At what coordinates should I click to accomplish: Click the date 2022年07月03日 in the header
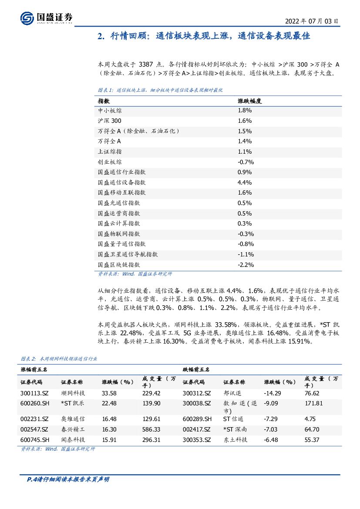[x=311, y=21]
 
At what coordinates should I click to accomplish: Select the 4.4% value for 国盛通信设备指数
[x=245, y=182]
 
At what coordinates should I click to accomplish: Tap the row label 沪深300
[x=110, y=121]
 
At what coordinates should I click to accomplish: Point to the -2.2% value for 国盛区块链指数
[x=246, y=265]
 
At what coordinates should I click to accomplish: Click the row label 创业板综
[x=110, y=162]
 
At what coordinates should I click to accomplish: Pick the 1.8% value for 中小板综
[x=245, y=111]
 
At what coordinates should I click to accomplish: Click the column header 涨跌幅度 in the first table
[x=249, y=101]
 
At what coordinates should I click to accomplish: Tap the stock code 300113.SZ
[x=34, y=393]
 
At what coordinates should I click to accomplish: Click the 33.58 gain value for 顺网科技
[x=109, y=393]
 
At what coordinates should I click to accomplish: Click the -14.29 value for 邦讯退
[x=272, y=393]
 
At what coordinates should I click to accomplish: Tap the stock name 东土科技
[x=235, y=440]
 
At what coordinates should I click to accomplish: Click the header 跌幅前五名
[x=196, y=369]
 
